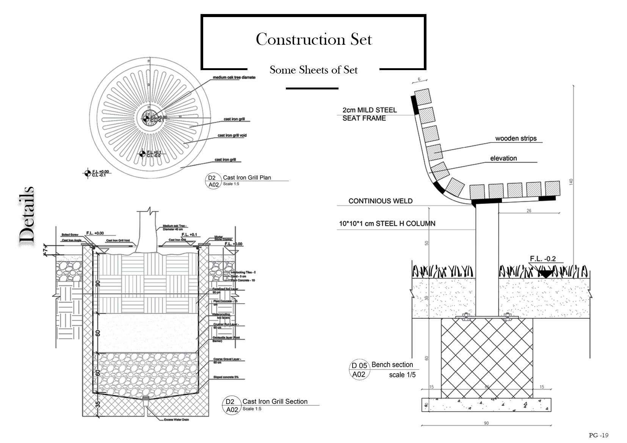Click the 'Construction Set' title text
(x=313, y=39)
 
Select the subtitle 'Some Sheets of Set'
(x=313, y=70)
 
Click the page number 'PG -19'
(x=599, y=435)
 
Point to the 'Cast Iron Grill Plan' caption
(x=247, y=177)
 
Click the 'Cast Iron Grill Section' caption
(x=275, y=401)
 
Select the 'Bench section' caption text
(x=392, y=365)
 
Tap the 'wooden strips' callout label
(x=516, y=138)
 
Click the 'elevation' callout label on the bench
(x=503, y=158)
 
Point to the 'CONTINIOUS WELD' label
(x=380, y=201)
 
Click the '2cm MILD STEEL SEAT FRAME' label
(x=369, y=114)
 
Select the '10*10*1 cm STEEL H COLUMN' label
(x=387, y=224)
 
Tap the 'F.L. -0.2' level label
(x=543, y=259)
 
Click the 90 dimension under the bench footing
(x=486, y=423)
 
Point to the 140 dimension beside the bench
(x=571, y=182)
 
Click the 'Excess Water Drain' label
(x=176, y=420)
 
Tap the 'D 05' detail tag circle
(x=359, y=366)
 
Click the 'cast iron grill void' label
(x=232, y=135)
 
